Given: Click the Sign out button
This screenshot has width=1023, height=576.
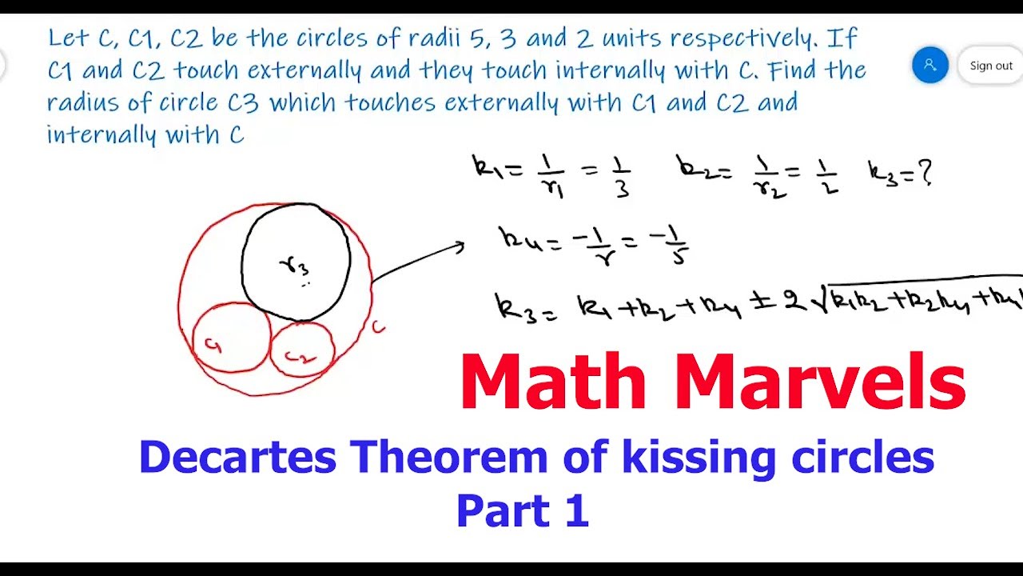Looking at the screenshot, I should [991, 66].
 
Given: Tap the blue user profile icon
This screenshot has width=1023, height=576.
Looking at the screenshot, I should [929, 66].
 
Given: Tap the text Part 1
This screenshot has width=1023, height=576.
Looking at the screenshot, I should [522, 511].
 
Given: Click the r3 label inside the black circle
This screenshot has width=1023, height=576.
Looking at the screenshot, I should [294, 265].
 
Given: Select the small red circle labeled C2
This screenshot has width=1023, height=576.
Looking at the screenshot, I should [302, 350].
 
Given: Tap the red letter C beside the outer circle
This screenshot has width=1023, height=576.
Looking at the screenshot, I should [379, 326].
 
